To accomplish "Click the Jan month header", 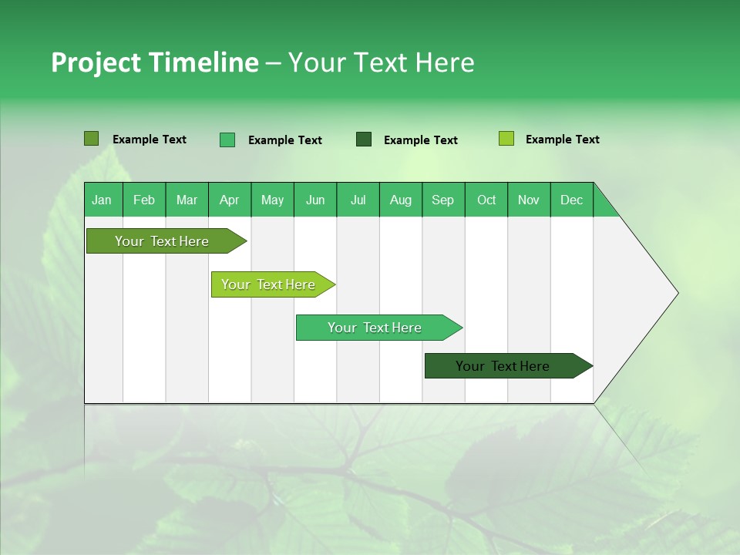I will pyautogui.click(x=102, y=200).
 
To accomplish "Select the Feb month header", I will pyautogui.click(x=144, y=200).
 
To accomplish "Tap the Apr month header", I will pyautogui.click(x=229, y=200).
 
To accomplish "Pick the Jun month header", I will pyautogui.click(x=315, y=200).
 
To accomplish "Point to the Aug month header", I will pyautogui.click(x=400, y=200).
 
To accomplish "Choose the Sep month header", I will pyautogui.click(x=442, y=200).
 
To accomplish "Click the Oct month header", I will pyautogui.click(x=486, y=200).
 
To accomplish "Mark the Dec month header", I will pyautogui.click(x=571, y=200).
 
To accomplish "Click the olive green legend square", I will pyautogui.click(x=91, y=139).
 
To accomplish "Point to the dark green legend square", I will pyautogui.click(x=364, y=140).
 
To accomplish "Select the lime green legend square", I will pyautogui.click(x=506, y=139).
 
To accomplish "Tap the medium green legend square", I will pyautogui.click(x=227, y=140).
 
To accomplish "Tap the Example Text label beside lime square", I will pyautogui.click(x=562, y=140).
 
